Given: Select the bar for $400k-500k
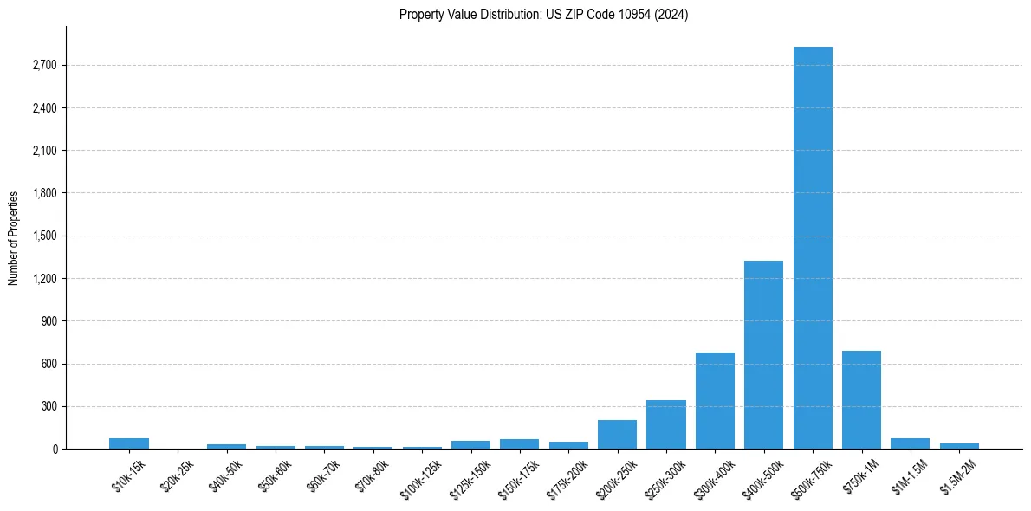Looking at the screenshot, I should click(763, 355).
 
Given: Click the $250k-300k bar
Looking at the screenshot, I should click(665, 424).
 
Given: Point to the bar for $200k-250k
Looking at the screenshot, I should click(617, 435).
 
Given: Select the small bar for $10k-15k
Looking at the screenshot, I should click(128, 443).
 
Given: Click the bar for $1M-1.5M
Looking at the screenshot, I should click(910, 443).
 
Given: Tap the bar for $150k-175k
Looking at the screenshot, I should click(519, 444).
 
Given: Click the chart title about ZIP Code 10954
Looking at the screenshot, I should click(543, 15).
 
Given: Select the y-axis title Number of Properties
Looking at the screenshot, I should click(14, 238).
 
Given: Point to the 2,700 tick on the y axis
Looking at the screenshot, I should click(43, 66).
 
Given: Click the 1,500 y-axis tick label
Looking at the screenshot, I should click(43, 236).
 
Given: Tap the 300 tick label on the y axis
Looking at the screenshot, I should click(49, 407).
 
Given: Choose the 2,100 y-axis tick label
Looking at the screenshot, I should click(43, 151).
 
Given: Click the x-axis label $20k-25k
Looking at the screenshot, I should click(177, 475).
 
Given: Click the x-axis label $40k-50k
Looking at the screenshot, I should click(225, 475).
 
